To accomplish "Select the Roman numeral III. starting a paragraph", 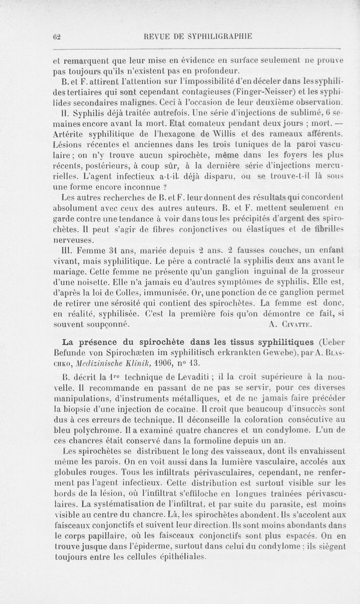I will [x=60, y=249].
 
